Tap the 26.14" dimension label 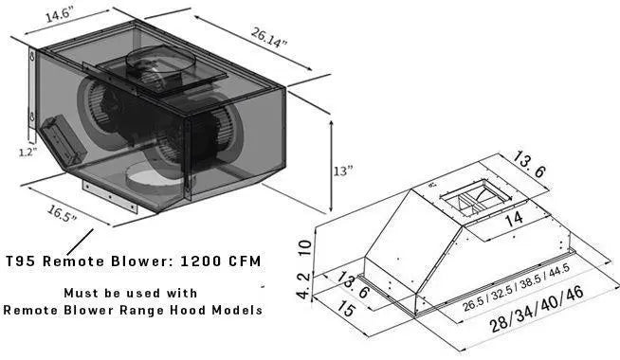point(268,38)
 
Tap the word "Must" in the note point(78,291)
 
